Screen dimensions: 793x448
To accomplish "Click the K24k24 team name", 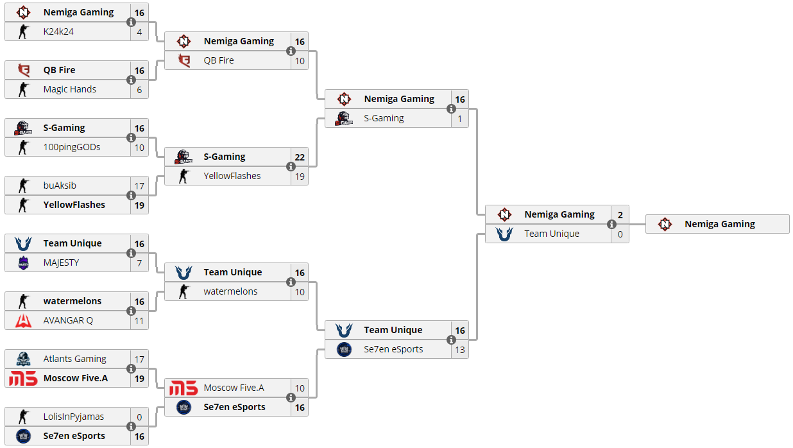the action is [x=58, y=31].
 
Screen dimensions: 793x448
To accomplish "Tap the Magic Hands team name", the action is [x=70, y=89].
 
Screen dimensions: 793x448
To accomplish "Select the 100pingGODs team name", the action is [x=72, y=147].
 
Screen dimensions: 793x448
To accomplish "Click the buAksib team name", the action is [x=60, y=185].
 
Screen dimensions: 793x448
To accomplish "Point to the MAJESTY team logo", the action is [x=23, y=263].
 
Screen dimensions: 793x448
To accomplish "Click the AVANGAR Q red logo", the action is [x=23, y=320].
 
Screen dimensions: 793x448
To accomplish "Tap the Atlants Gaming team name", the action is [x=74, y=359].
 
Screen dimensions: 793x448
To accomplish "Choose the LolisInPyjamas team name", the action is [x=74, y=417].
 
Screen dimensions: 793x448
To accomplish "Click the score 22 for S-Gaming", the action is [x=300, y=157].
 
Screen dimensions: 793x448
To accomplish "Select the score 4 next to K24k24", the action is [x=139, y=32].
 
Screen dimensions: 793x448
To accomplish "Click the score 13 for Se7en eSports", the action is [x=460, y=350].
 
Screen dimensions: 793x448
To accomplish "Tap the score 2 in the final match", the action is [x=620, y=215].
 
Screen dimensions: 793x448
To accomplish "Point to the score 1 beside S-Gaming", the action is [x=460, y=119].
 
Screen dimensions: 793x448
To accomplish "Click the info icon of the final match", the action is [x=611, y=224].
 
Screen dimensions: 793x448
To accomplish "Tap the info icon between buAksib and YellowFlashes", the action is [x=131, y=195].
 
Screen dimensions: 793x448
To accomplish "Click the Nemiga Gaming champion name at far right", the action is [x=720, y=224].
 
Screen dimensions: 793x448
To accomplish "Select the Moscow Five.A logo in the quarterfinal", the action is [x=183, y=388].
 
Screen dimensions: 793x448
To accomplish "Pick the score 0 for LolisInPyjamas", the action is [x=139, y=417].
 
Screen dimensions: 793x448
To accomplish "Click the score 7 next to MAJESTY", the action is [x=139, y=263].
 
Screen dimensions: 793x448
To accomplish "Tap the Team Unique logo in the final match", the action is [x=504, y=234].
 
